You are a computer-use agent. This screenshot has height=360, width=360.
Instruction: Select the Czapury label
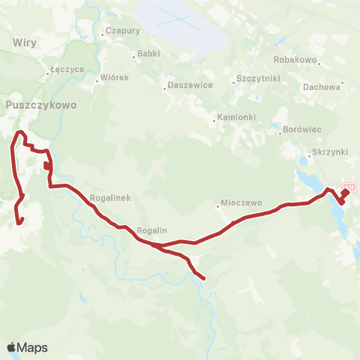[x=123, y=31]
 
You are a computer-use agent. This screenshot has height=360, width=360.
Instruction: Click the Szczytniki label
[x=257, y=78]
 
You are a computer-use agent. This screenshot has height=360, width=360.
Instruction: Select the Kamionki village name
[x=236, y=118]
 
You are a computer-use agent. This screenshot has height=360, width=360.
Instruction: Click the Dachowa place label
[x=322, y=86]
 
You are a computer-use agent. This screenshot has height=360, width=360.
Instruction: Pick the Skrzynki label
[x=331, y=151]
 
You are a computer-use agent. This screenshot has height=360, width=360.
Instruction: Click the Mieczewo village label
[x=240, y=203]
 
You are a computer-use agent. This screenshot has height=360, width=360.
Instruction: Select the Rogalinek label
[x=110, y=197]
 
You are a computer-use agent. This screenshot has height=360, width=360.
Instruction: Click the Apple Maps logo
[x=27, y=347]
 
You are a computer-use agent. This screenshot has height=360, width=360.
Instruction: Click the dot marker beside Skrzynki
[x=309, y=157]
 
